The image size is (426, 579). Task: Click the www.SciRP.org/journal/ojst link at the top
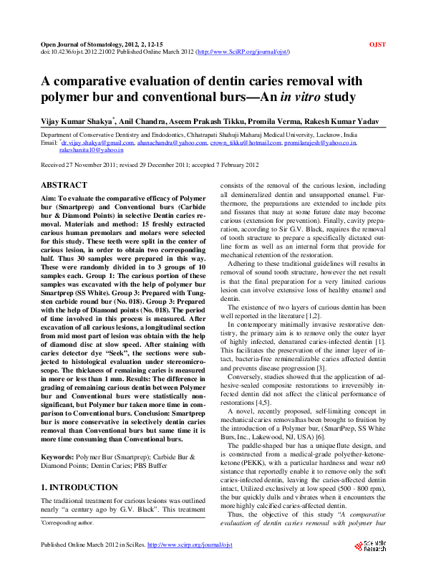pos(242,52)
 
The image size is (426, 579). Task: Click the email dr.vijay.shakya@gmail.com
pos(89,143)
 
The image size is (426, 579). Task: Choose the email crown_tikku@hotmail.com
pos(244,143)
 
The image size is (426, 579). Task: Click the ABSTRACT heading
pos(64,185)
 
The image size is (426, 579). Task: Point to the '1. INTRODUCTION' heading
pos(79,467)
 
